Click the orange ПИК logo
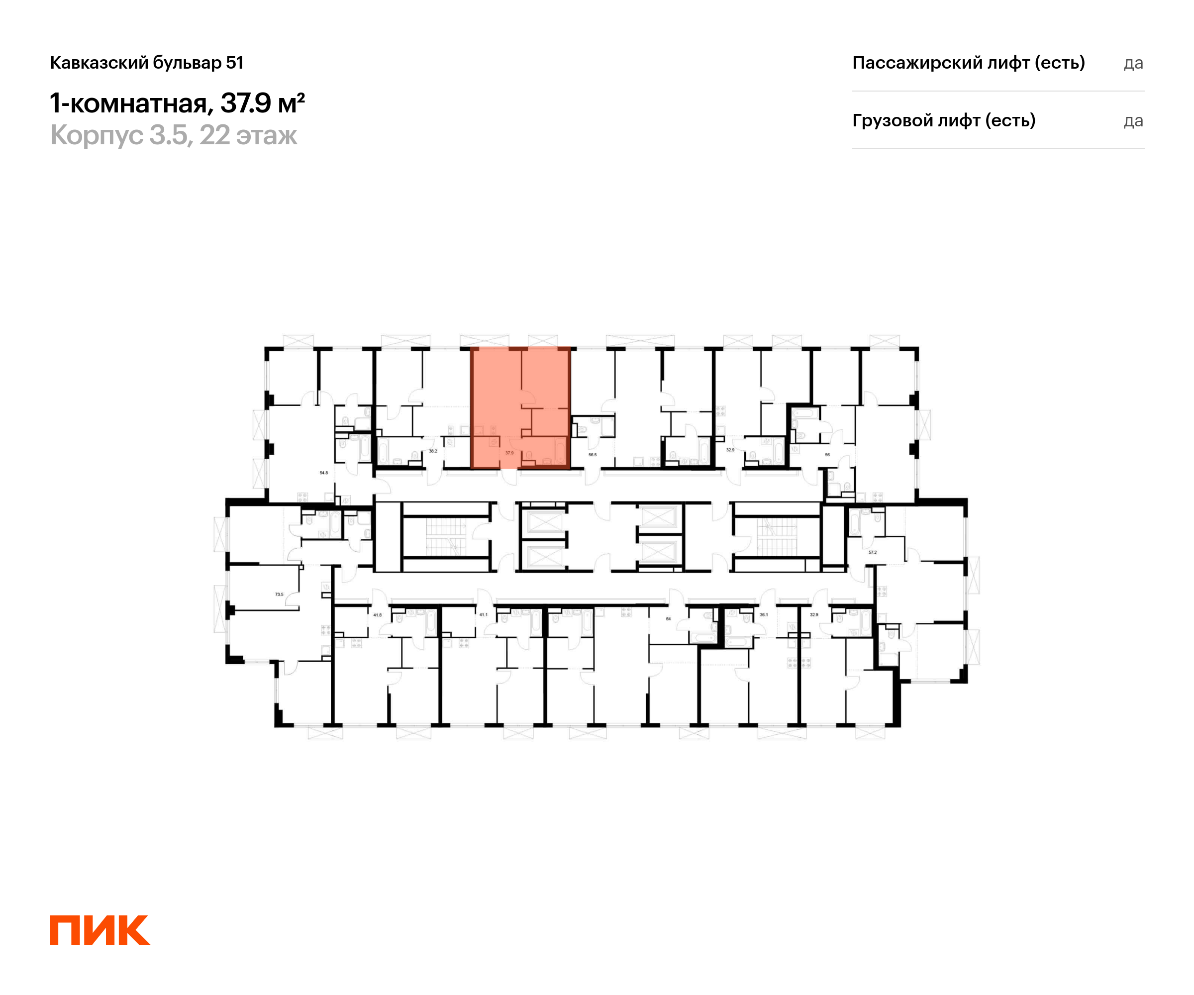(x=99, y=930)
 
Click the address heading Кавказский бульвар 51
(x=147, y=63)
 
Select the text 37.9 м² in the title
(x=263, y=103)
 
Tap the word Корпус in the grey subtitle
(x=97, y=135)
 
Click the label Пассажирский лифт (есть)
(x=968, y=63)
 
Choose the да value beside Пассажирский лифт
(x=1133, y=63)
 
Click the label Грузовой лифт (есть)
(x=943, y=120)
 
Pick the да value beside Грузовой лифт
(x=1133, y=121)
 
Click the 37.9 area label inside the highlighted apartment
(x=509, y=453)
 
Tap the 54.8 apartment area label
(x=323, y=473)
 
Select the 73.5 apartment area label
(x=279, y=594)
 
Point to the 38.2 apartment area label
(x=433, y=451)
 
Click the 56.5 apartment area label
(x=593, y=454)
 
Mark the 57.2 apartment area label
(x=872, y=552)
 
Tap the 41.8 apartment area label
(x=378, y=614)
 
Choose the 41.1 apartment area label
(x=483, y=614)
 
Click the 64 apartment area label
(x=668, y=618)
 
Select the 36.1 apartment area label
(x=764, y=614)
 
